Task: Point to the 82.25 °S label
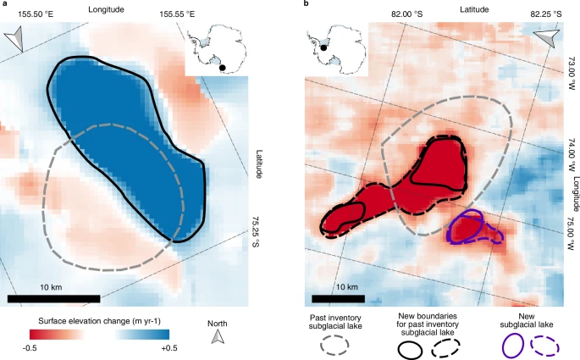(546, 14)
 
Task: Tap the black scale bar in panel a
(53, 298)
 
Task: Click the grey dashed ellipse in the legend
(335, 346)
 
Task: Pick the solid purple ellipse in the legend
(513, 346)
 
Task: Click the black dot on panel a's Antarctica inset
(223, 67)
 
